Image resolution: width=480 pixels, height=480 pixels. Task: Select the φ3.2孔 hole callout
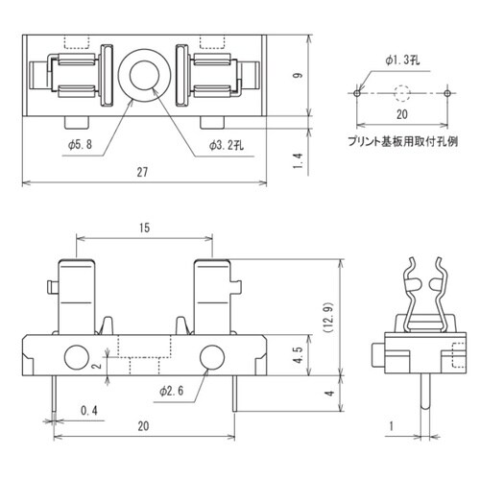coord(227,144)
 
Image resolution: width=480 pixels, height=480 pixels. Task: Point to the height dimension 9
coord(325,76)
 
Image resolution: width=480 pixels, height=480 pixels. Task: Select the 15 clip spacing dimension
coord(142,228)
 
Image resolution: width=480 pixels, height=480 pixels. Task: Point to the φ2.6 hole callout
coord(171,391)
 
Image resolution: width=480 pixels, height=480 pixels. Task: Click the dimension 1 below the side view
coord(393,423)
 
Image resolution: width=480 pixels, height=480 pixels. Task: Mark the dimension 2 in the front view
coord(97,366)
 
